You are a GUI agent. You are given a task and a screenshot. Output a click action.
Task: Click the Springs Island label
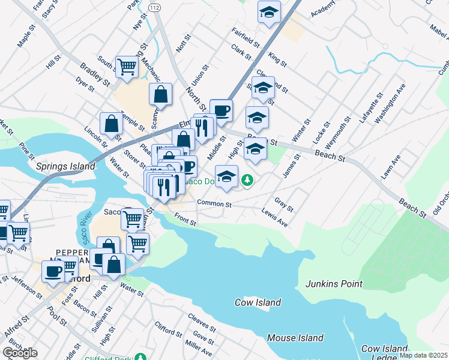pos(65,166)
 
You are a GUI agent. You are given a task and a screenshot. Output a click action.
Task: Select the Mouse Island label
pos(295,338)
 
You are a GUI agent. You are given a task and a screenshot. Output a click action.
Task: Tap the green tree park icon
pos(246,179)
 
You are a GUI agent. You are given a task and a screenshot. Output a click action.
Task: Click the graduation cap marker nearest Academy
pos(270,12)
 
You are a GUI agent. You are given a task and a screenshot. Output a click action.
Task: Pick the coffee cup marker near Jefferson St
pos(53,271)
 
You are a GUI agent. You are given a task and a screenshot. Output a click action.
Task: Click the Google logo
pos(20,352)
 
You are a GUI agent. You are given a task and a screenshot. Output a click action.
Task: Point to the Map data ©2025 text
pos(423,355)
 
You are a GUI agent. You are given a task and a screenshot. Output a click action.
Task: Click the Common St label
pos(214,204)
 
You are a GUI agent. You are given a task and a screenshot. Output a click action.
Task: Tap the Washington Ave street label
pos(390,107)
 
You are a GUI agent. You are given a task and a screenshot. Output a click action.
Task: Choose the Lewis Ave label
pos(274,218)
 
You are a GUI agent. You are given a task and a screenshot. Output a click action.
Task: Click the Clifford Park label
pos(164,357)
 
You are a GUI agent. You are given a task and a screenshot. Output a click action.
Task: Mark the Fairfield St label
pos(244,37)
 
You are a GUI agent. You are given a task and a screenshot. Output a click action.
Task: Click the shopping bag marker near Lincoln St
pos(112,124)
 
